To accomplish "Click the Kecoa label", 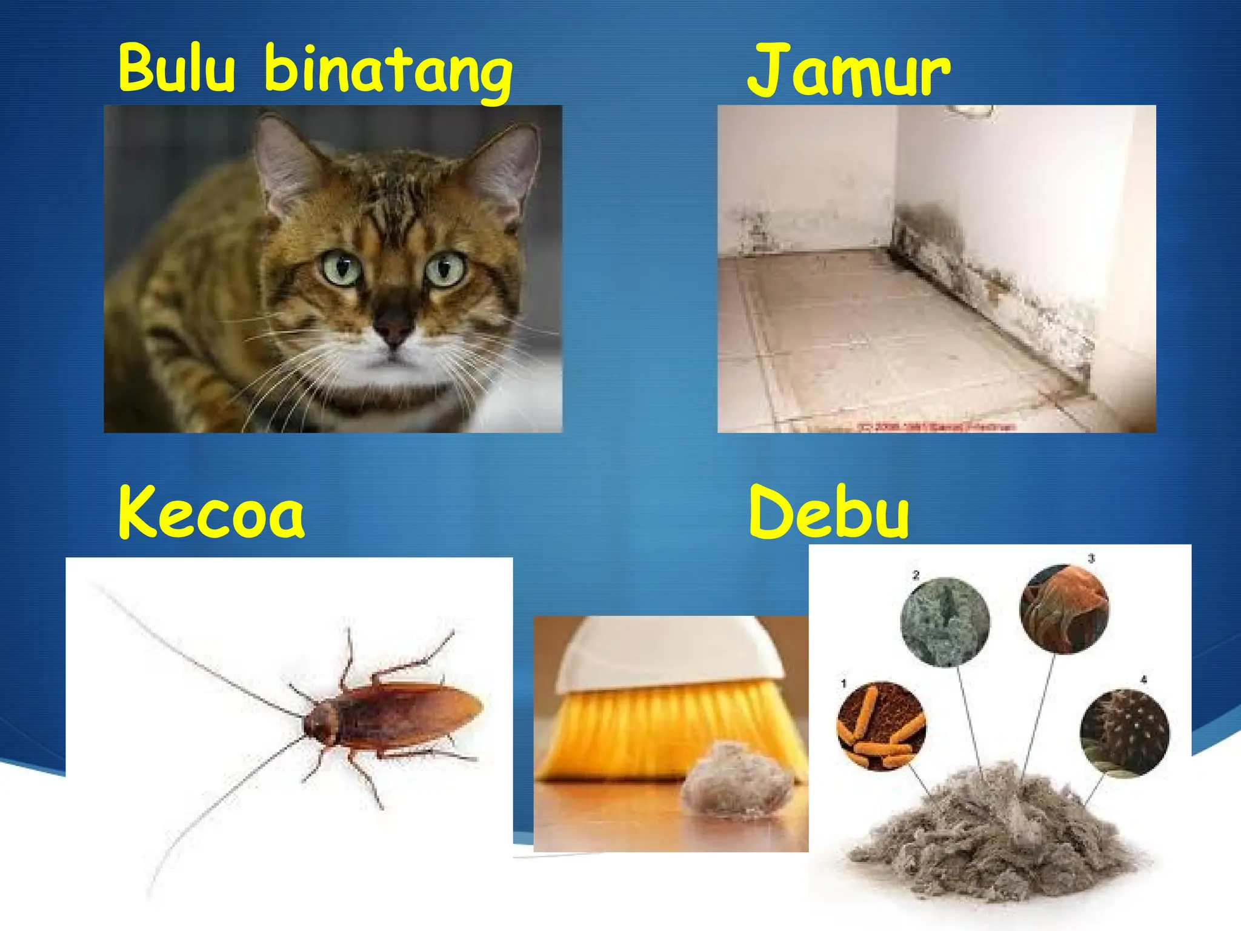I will click(x=211, y=513).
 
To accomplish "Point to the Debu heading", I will click(x=829, y=513).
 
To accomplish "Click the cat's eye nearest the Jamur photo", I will click(x=445, y=269).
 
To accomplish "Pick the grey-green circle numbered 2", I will click(x=945, y=621).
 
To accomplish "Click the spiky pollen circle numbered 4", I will click(x=1125, y=733).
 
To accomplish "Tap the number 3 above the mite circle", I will click(x=1091, y=558).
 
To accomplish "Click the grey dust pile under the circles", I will click(x=994, y=836).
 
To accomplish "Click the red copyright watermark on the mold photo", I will click(x=936, y=427).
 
